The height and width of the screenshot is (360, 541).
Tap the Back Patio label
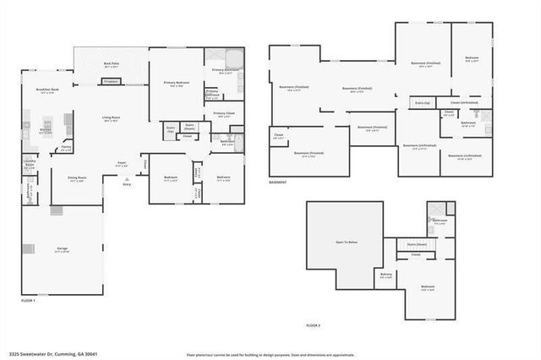[x=112, y=64]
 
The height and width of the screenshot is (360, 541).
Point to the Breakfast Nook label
[x=47, y=90]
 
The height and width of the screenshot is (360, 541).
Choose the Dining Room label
[x=77, y=178]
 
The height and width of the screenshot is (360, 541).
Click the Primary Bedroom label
[x=177, y=83]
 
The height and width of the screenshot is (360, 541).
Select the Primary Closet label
[x=224, y=113]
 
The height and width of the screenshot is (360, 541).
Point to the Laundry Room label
[x=29, y=161]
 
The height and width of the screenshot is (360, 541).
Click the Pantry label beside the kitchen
[x=66, y=148]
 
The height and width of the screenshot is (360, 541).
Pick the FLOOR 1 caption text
[x=29, y=300]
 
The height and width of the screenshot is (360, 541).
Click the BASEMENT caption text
[x=279, y=182]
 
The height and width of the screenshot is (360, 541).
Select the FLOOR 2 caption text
[x=314, y=325]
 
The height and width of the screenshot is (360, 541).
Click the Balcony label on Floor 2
[x=386, y=275]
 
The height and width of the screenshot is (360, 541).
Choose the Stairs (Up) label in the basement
[x=422, y=102]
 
